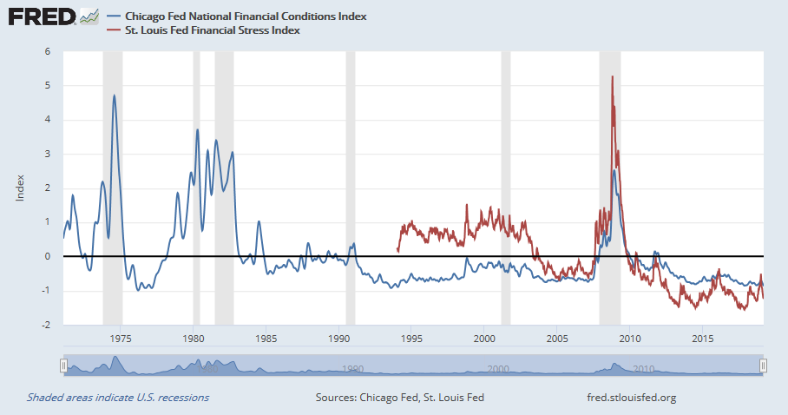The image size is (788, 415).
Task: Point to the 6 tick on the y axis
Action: point(48,51)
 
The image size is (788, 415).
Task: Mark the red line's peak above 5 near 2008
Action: point(613,76)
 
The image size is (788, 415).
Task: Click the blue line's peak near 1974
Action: point(114,96)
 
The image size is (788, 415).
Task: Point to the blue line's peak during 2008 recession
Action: point(614,170)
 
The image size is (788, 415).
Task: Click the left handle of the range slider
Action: point(63,366)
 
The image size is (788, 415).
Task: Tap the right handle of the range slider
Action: point(763,366)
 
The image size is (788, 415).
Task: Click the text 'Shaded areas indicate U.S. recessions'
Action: point(118,398)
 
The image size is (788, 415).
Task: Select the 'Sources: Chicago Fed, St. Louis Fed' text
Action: point(400,398)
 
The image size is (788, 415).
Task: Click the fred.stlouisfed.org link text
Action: point(632,398)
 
